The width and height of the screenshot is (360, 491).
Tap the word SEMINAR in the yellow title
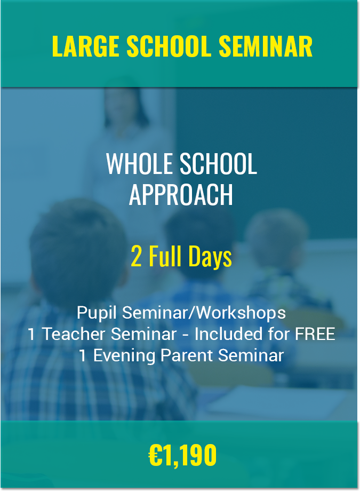pos(266,46)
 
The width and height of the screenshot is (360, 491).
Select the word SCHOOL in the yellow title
pos(169,46)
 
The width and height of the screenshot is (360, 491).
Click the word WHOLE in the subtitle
pos(140,163)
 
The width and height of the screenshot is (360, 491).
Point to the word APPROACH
pos(181,194)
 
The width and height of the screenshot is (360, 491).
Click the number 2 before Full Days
pos(136,257)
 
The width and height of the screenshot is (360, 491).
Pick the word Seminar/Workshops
pos(204,313)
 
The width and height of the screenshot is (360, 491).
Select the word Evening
pos(124,356)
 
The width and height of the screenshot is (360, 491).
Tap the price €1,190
pos(182,456)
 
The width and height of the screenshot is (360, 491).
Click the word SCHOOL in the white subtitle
pos(218,163)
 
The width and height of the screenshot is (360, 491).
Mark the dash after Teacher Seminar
pos(186,335)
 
